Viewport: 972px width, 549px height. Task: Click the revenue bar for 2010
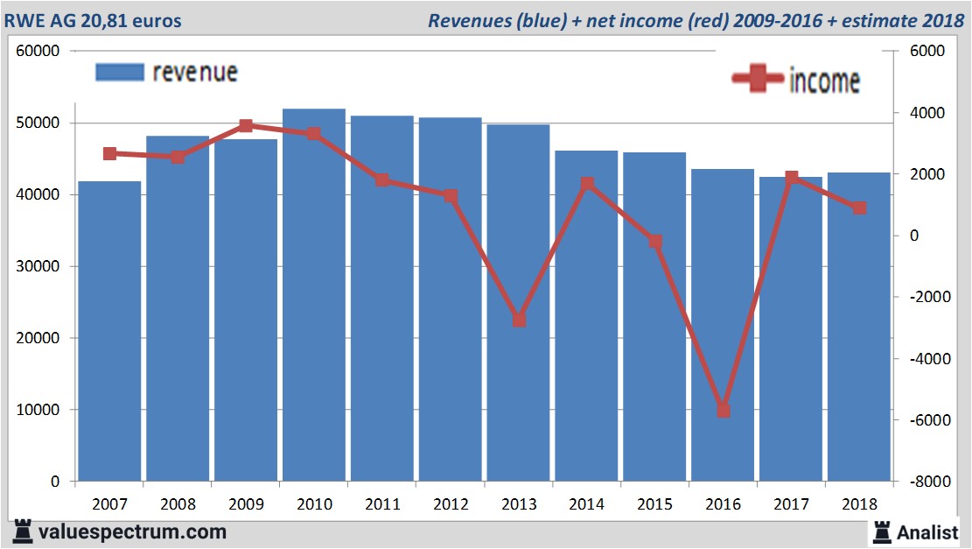tap(313, 298)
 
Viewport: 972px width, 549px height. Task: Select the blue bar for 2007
tap(109, 333)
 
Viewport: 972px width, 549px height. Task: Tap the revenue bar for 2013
tap(519, 306)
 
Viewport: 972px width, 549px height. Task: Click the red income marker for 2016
tap(723, 410)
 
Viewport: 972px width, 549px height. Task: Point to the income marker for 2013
tap(519, 320)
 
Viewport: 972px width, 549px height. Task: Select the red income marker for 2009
tap(246, 126)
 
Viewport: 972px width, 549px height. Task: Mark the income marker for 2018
tap(859, 208)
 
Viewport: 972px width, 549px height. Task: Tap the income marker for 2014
tap(587, 184)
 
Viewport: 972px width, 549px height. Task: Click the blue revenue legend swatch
tap(119, 73)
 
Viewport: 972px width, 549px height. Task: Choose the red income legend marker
tap(757, 80)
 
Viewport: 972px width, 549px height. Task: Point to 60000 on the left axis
tap(38, 52)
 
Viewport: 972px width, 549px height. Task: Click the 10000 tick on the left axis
tap(38, 410)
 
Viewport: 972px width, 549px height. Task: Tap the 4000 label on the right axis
tap(928, 113)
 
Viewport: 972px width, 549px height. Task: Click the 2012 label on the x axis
tap(451, 504)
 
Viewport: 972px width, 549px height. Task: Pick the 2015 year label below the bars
tap(655, 504)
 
